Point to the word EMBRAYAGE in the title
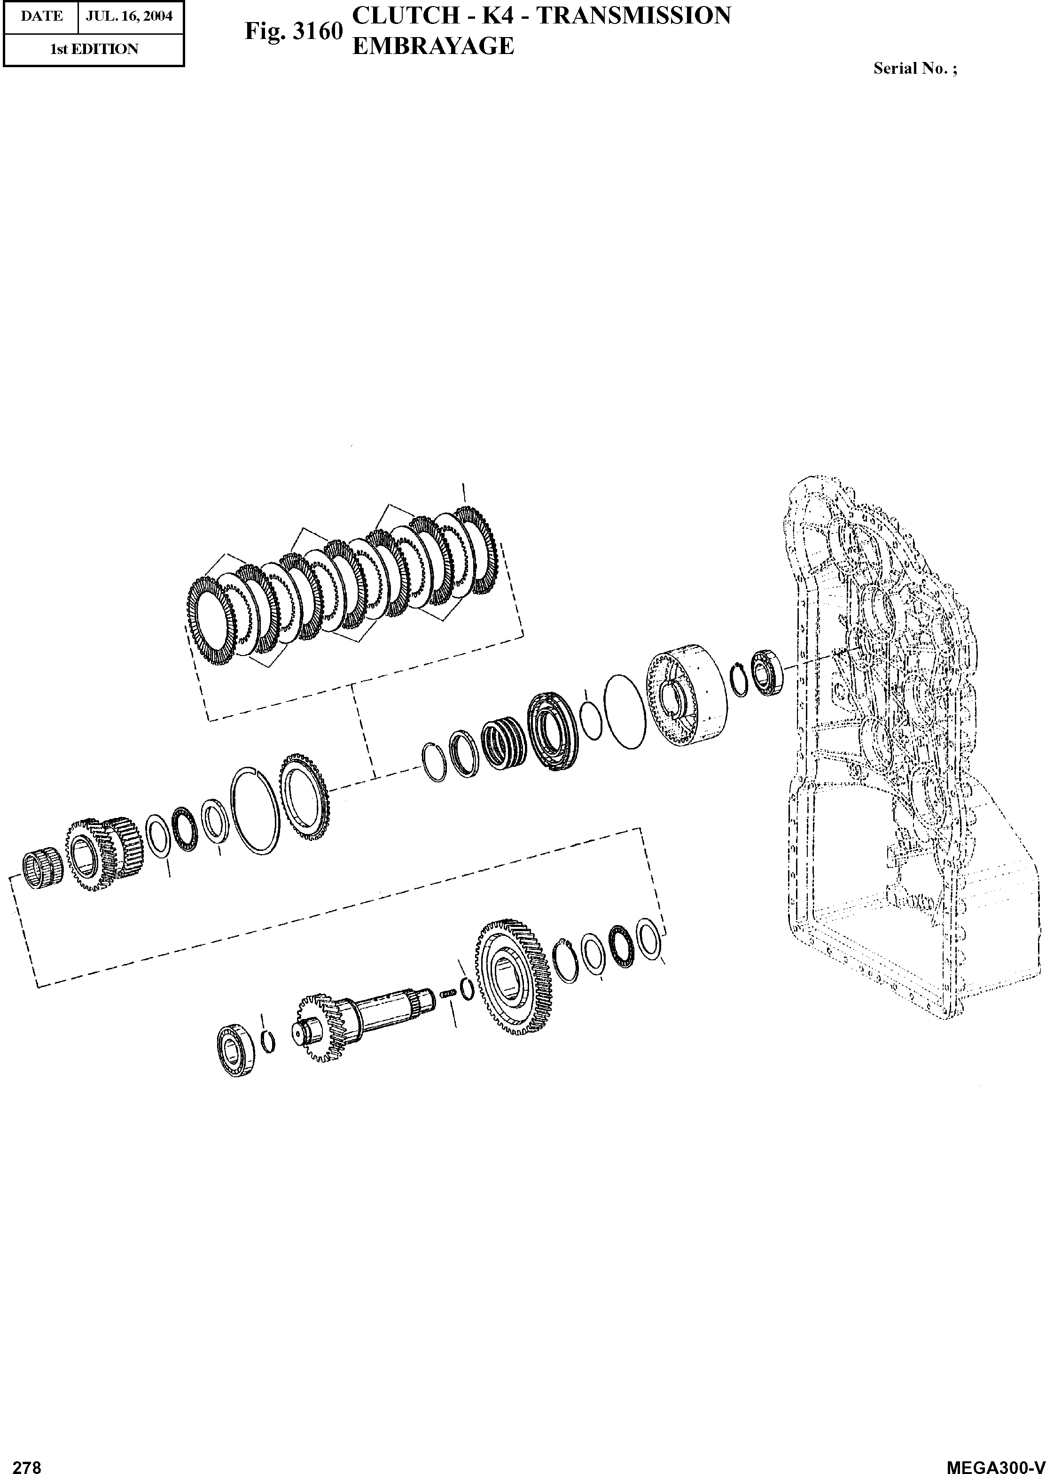coord(433,46)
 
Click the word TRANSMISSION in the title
coord(634,15)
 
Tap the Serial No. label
coord(914,68)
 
